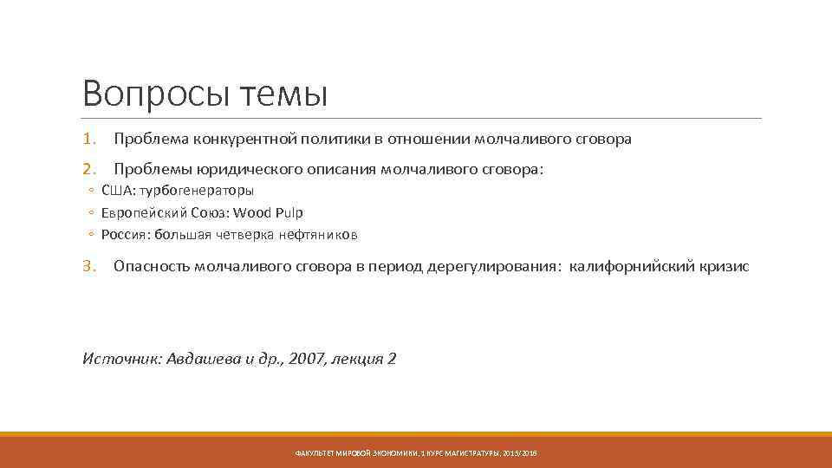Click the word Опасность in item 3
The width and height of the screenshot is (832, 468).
pos(153,266)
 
